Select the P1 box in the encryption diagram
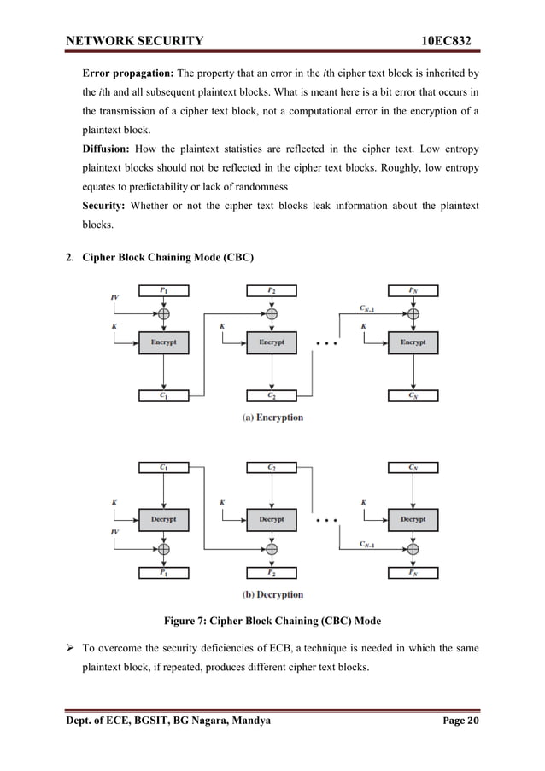coord(163,290)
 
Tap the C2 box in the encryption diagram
coord(271,395)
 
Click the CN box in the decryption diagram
coord(413,467)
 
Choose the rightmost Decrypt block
coord(413,518)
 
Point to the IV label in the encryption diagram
coord(114,297)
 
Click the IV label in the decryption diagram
coord(114,531)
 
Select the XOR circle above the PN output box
coord(413,547)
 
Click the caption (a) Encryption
coord(271,418)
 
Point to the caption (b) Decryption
coord(271,594)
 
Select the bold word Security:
coord(107,206)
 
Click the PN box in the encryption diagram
coord(413,290)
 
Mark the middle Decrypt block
coord(271,518)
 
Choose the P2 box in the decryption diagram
coord(271,573)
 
